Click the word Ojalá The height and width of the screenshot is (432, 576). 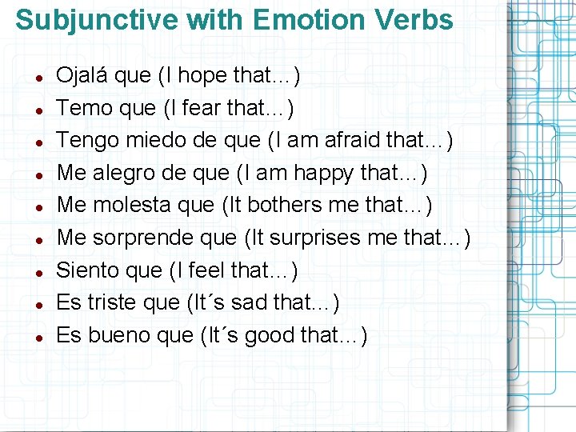pyautogui.click(x=82, y=76)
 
